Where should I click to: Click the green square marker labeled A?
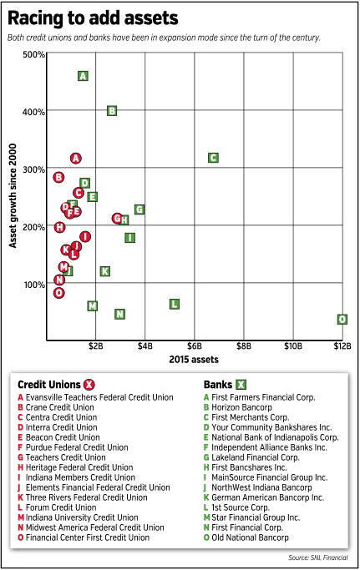[x=83, y=76]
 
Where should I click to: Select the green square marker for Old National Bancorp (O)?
[x=342, y=319]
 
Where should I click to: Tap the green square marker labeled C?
[x=213, y=158]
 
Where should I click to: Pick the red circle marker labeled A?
[x=75, y=159]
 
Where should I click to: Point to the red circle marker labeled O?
[x=59, y=293]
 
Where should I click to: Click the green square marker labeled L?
[x=175, y=305]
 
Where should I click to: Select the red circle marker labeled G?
[x=117, y=218]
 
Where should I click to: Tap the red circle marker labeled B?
[x=58, y=177]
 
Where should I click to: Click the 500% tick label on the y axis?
[x=34, y=54]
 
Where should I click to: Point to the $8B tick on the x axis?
[x=244, y=346]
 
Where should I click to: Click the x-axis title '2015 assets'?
[x=194, y=360]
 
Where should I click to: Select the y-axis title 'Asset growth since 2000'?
[x=13, y=196]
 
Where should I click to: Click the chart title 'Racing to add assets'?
[x=93, y=18]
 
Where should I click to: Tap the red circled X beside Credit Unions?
[x=89, y=385]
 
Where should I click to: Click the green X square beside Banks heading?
[x=241, y=385]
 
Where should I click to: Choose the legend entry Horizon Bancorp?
[x=238, y=407]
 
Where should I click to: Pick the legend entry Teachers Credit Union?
[x=62, y=457]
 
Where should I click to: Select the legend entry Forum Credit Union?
[x=57, y=507]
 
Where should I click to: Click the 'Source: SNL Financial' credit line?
[x=318, y=557]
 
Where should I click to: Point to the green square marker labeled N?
[x=119, y=314]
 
